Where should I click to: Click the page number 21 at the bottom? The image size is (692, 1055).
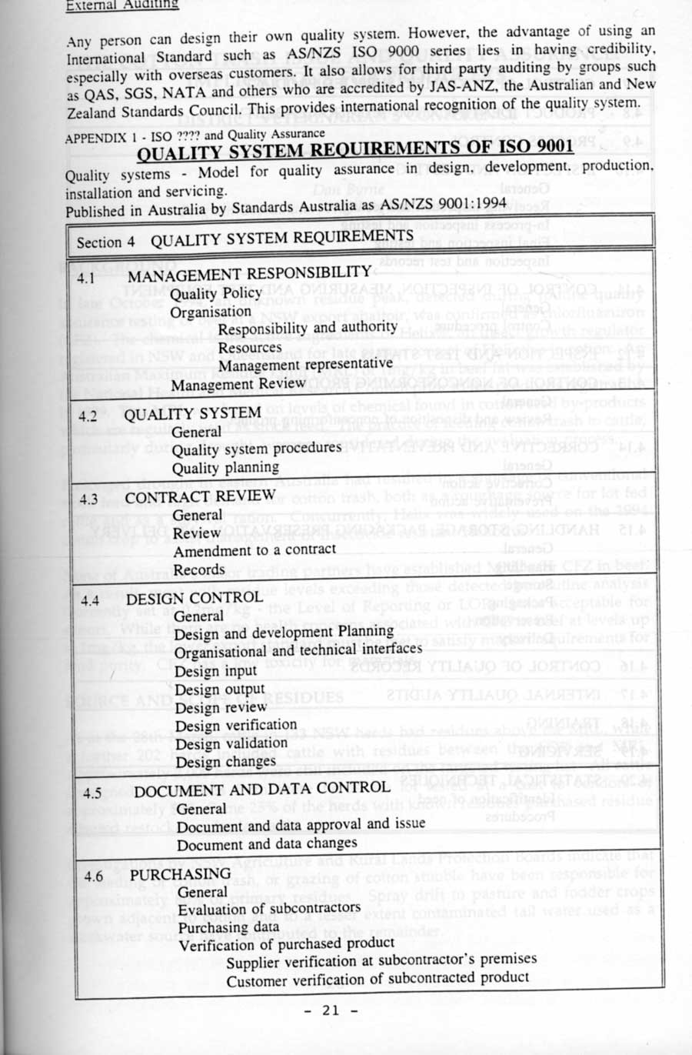point(331,1010)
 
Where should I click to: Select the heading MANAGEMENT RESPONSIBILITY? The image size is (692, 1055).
point(249,274)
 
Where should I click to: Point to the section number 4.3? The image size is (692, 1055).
point(88,499)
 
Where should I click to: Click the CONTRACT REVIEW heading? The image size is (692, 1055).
point(200,496)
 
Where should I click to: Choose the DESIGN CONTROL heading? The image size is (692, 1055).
point(194,598)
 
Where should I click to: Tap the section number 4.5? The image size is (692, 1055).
point(92,793)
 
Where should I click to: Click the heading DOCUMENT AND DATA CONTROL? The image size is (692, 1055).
point(261,788)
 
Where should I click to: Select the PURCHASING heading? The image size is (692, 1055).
point(180,874)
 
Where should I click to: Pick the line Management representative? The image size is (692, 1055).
point(305,365)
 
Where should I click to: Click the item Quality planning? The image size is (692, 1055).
point(225,468)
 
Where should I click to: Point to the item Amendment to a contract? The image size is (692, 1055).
point(255,550)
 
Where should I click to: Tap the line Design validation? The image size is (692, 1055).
point(231,744)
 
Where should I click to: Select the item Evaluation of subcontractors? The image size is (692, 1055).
point(269,910)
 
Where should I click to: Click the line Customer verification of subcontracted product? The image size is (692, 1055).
point(378,979)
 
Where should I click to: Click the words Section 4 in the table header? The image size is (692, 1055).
point(105,242)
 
